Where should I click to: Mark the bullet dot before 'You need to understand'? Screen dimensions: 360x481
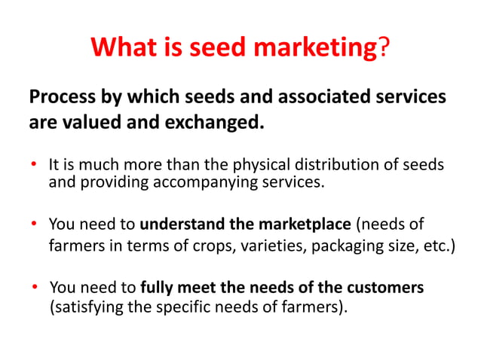tap(34, 224)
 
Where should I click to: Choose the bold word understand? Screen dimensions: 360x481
tap(180, 224)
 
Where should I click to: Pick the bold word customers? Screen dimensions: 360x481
tap(386, 288)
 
